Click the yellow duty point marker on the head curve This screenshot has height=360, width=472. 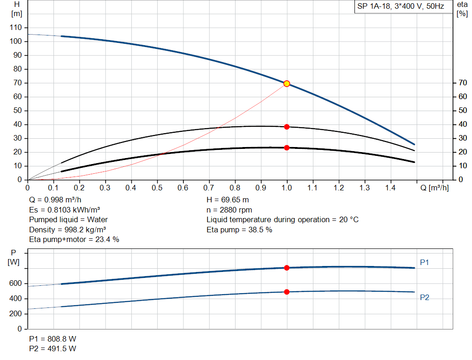(x=287, y=83)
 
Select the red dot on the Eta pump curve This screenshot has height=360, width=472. (x=287, y=127)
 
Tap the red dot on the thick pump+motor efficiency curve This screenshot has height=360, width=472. (x=287, y=148)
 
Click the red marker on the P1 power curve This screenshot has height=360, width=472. (x=287, y=268)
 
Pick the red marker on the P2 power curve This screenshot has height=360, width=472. (x=287, y=292)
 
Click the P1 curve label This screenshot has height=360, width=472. (x=425, y=262)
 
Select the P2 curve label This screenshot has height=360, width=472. (x=425, y=298)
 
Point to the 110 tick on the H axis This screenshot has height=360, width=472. (x=16, y=28)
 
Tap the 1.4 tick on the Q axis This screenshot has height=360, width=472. (x=390, y=188)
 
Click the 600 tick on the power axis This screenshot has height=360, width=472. (x=16, y=283)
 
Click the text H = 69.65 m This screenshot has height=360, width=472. (x=228, y=200)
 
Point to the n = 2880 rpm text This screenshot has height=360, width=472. (x=229, y=210)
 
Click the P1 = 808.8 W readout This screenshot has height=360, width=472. (x=53, y=339)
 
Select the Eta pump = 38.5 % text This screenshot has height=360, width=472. (x=239, y=230)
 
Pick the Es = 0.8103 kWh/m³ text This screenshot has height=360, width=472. (x=65, y=210)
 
